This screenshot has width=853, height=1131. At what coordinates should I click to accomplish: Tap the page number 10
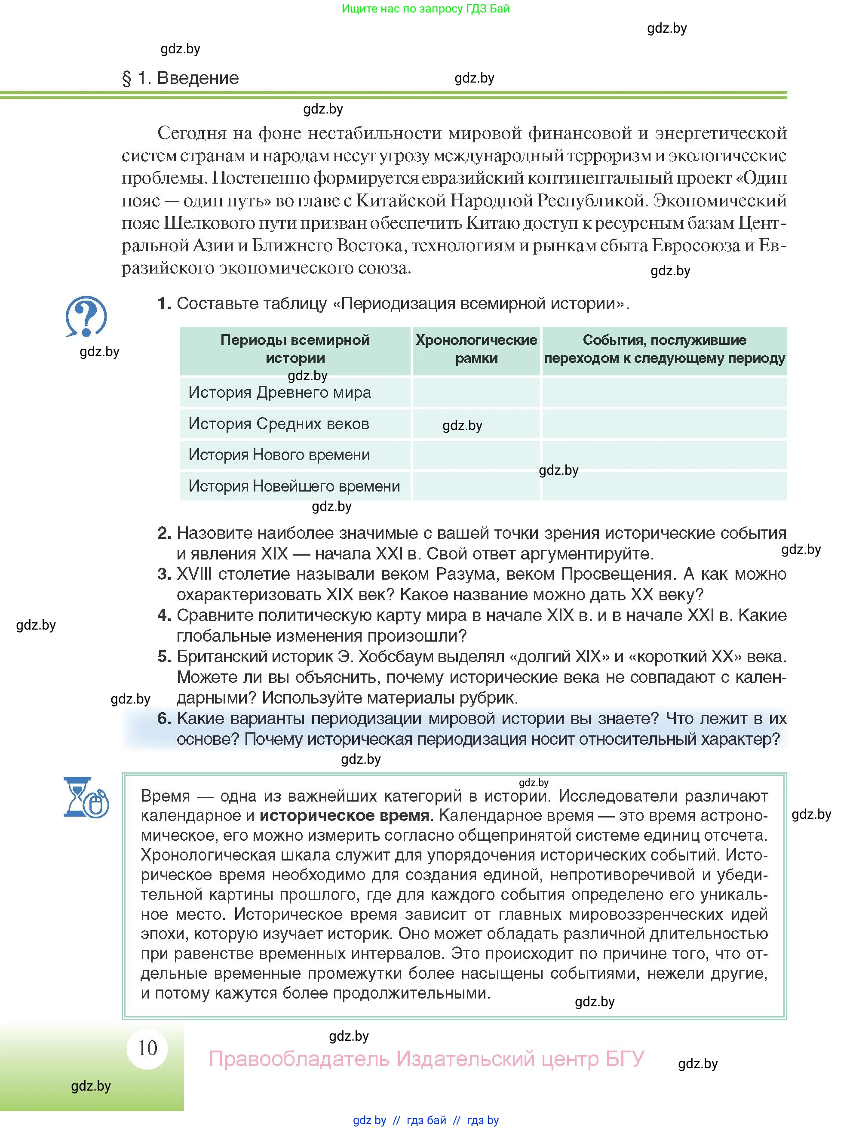147,1048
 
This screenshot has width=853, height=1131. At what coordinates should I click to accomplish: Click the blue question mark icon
86,317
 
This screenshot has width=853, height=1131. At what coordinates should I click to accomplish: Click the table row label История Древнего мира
279,393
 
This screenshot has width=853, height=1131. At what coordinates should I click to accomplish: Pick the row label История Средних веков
279,424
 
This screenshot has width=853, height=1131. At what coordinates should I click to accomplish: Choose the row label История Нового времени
279,455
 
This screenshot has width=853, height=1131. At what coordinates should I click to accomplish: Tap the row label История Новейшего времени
294,486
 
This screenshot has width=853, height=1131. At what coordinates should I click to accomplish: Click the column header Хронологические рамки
476,349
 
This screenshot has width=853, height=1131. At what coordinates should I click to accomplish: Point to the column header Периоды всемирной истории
295,349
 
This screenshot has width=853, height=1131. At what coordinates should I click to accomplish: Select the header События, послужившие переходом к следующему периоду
664,349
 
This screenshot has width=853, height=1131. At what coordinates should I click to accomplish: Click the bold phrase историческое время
344,815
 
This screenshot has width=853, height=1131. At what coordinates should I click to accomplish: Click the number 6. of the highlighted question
164,719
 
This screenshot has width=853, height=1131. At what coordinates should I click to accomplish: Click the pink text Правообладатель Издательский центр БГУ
426,1058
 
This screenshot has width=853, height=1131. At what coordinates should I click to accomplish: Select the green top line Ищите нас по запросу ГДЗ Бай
426,9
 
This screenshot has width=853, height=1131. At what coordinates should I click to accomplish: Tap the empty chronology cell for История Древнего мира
476,393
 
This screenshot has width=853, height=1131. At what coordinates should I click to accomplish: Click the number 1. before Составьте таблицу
164,304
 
